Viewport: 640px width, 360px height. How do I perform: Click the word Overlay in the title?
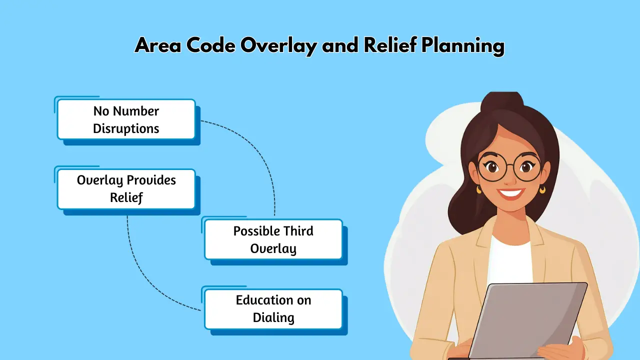click(x=278, y=46)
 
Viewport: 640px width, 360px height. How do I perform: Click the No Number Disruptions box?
click(x=126, y=119)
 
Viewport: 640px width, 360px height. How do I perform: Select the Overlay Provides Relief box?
click(x=126, y=189)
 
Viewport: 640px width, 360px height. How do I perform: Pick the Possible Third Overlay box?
click(x=273, y=239)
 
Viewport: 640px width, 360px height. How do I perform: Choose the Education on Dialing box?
click(x=273, y=308)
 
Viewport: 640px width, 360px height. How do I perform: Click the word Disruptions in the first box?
click(x=126, y=128)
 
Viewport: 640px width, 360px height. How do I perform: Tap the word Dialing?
click(x=273, y=317)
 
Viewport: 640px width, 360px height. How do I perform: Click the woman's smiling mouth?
click(x=511, y=192)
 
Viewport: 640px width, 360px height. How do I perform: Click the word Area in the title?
click(x=157, y=46)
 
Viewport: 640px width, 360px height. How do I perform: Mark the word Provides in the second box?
click(x=151, y=180)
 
